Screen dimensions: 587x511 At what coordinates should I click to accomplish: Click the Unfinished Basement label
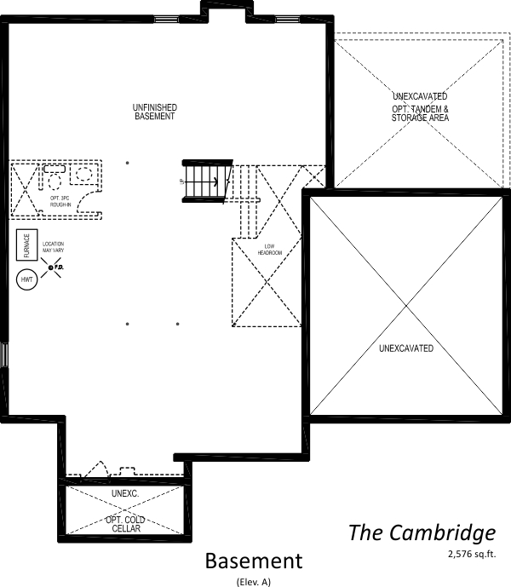point(154,112)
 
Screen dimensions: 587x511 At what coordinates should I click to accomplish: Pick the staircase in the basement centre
point(204,181)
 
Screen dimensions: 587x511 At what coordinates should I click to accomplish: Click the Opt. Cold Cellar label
point(123,524)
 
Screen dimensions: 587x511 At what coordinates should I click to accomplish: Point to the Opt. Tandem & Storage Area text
point(421,112)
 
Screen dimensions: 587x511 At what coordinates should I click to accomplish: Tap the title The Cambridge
point(421,533)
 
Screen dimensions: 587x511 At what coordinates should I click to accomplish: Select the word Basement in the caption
point(253,561)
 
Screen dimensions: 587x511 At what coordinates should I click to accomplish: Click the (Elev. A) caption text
point(253,581)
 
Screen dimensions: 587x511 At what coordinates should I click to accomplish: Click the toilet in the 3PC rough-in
point(54,181)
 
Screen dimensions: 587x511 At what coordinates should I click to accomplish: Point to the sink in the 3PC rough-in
point(84,174)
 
